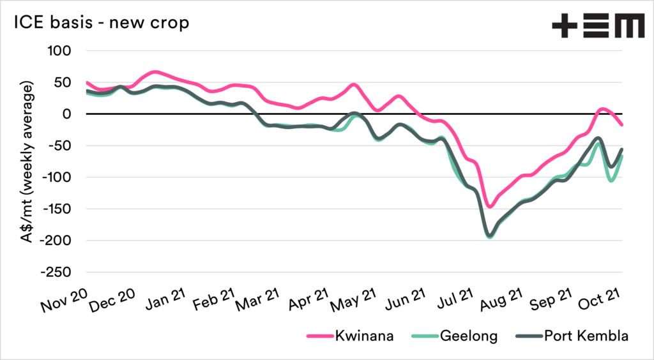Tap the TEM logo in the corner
pos(598,26)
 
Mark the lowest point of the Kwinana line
pos(490,207)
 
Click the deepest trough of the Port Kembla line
pos(490,236)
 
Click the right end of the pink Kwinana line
pos(623,125)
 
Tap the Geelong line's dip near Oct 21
pos(611,181)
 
